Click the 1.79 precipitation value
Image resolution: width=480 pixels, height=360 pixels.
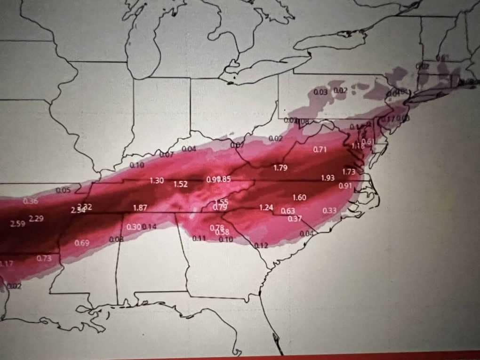tap(280, 168)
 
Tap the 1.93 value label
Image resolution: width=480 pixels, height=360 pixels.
tap(328, 178)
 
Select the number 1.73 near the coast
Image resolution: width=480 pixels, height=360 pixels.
tap(349, 172)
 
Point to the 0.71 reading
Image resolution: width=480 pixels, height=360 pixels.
tap(320, 150)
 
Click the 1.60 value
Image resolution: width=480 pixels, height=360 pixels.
tap(299, 198)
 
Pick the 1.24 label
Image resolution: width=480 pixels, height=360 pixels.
tap(266, 208)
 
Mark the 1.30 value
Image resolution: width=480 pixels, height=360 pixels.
tap(157, 181)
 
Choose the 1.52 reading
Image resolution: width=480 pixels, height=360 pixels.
tap(181, 184)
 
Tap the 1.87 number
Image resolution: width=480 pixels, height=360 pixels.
tap(140, 208)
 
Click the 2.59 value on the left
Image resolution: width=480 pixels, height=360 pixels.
tap(17, 224)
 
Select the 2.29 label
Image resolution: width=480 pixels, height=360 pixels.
tap(36, 218)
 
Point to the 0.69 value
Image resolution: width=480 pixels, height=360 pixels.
tap(82, 243)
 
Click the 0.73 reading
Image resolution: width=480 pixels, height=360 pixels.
tap(44, 258)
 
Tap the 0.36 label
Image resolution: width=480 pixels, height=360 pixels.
tap(30, 201)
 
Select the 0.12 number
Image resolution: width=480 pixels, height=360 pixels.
tap(261, 245)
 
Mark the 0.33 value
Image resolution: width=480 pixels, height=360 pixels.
tap(329, 210)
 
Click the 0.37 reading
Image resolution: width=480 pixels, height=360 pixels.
tap(295, 218)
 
